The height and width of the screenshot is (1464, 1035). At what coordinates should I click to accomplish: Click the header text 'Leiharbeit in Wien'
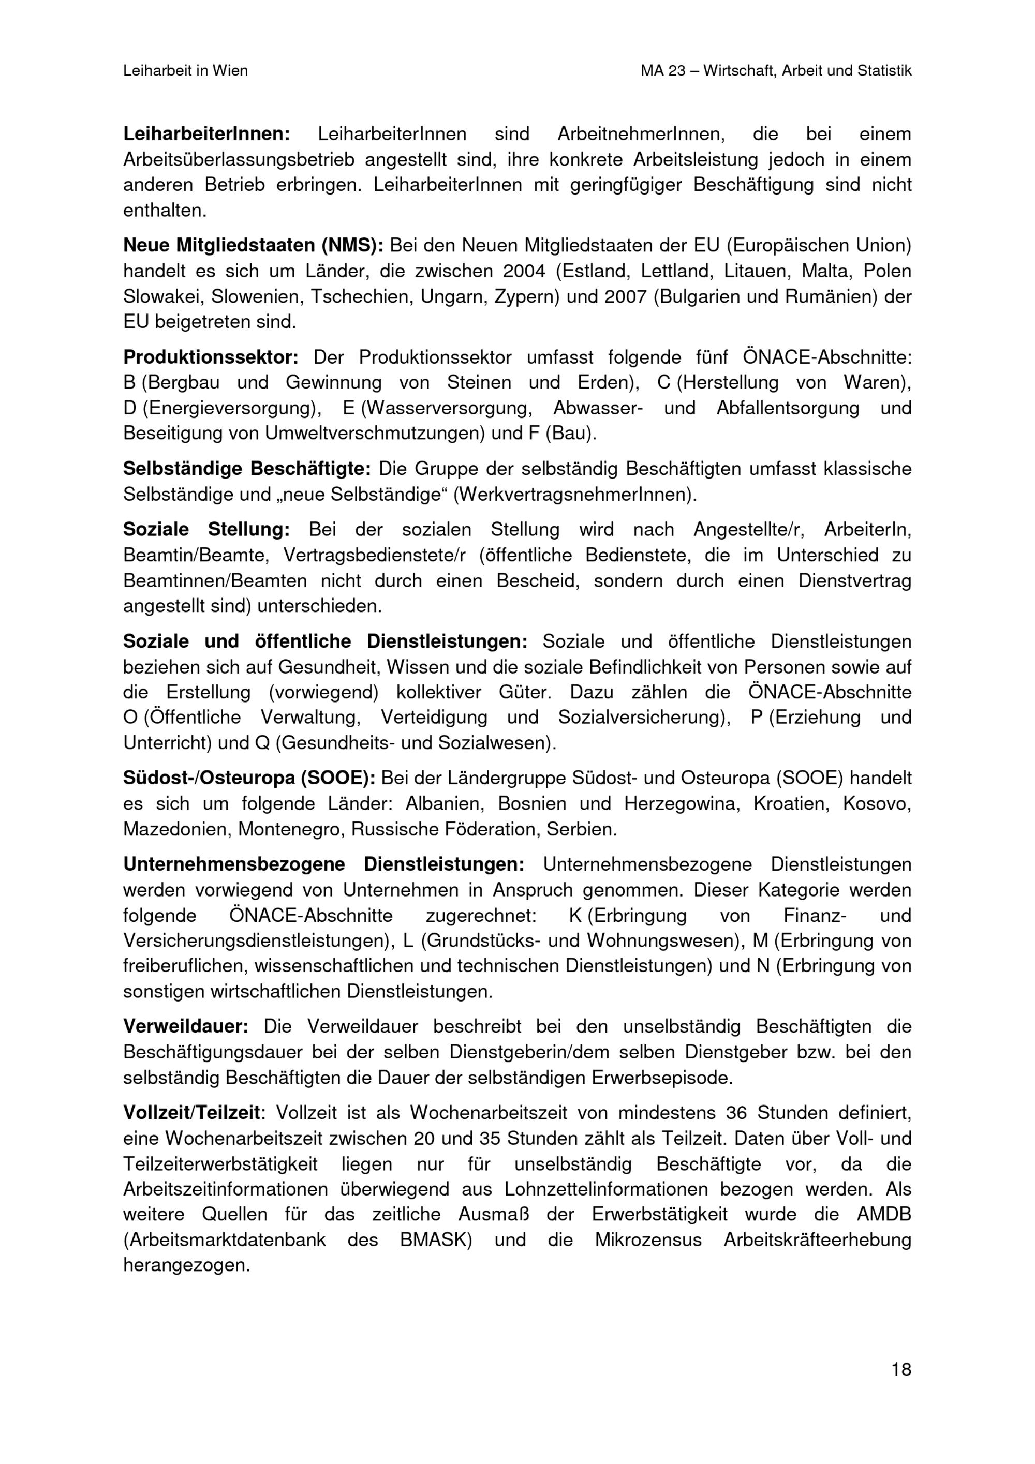point(186,71)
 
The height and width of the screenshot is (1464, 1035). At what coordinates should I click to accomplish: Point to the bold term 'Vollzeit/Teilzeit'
point(191,1113)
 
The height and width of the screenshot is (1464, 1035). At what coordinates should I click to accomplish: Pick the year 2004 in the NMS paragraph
point(524,271)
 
